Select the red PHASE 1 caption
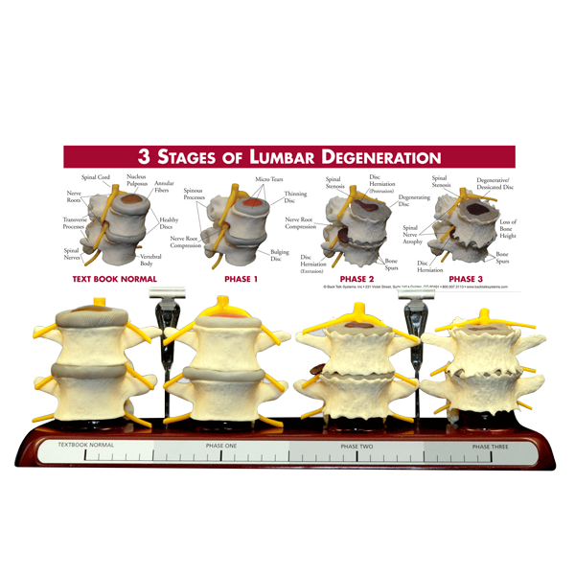coord(241,280)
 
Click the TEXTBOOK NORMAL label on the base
coord(85,446)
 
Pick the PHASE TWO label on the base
coord(357,447)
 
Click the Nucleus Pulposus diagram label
coord(137,180)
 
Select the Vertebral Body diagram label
coord(150,260)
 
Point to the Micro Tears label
coord(269,179)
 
